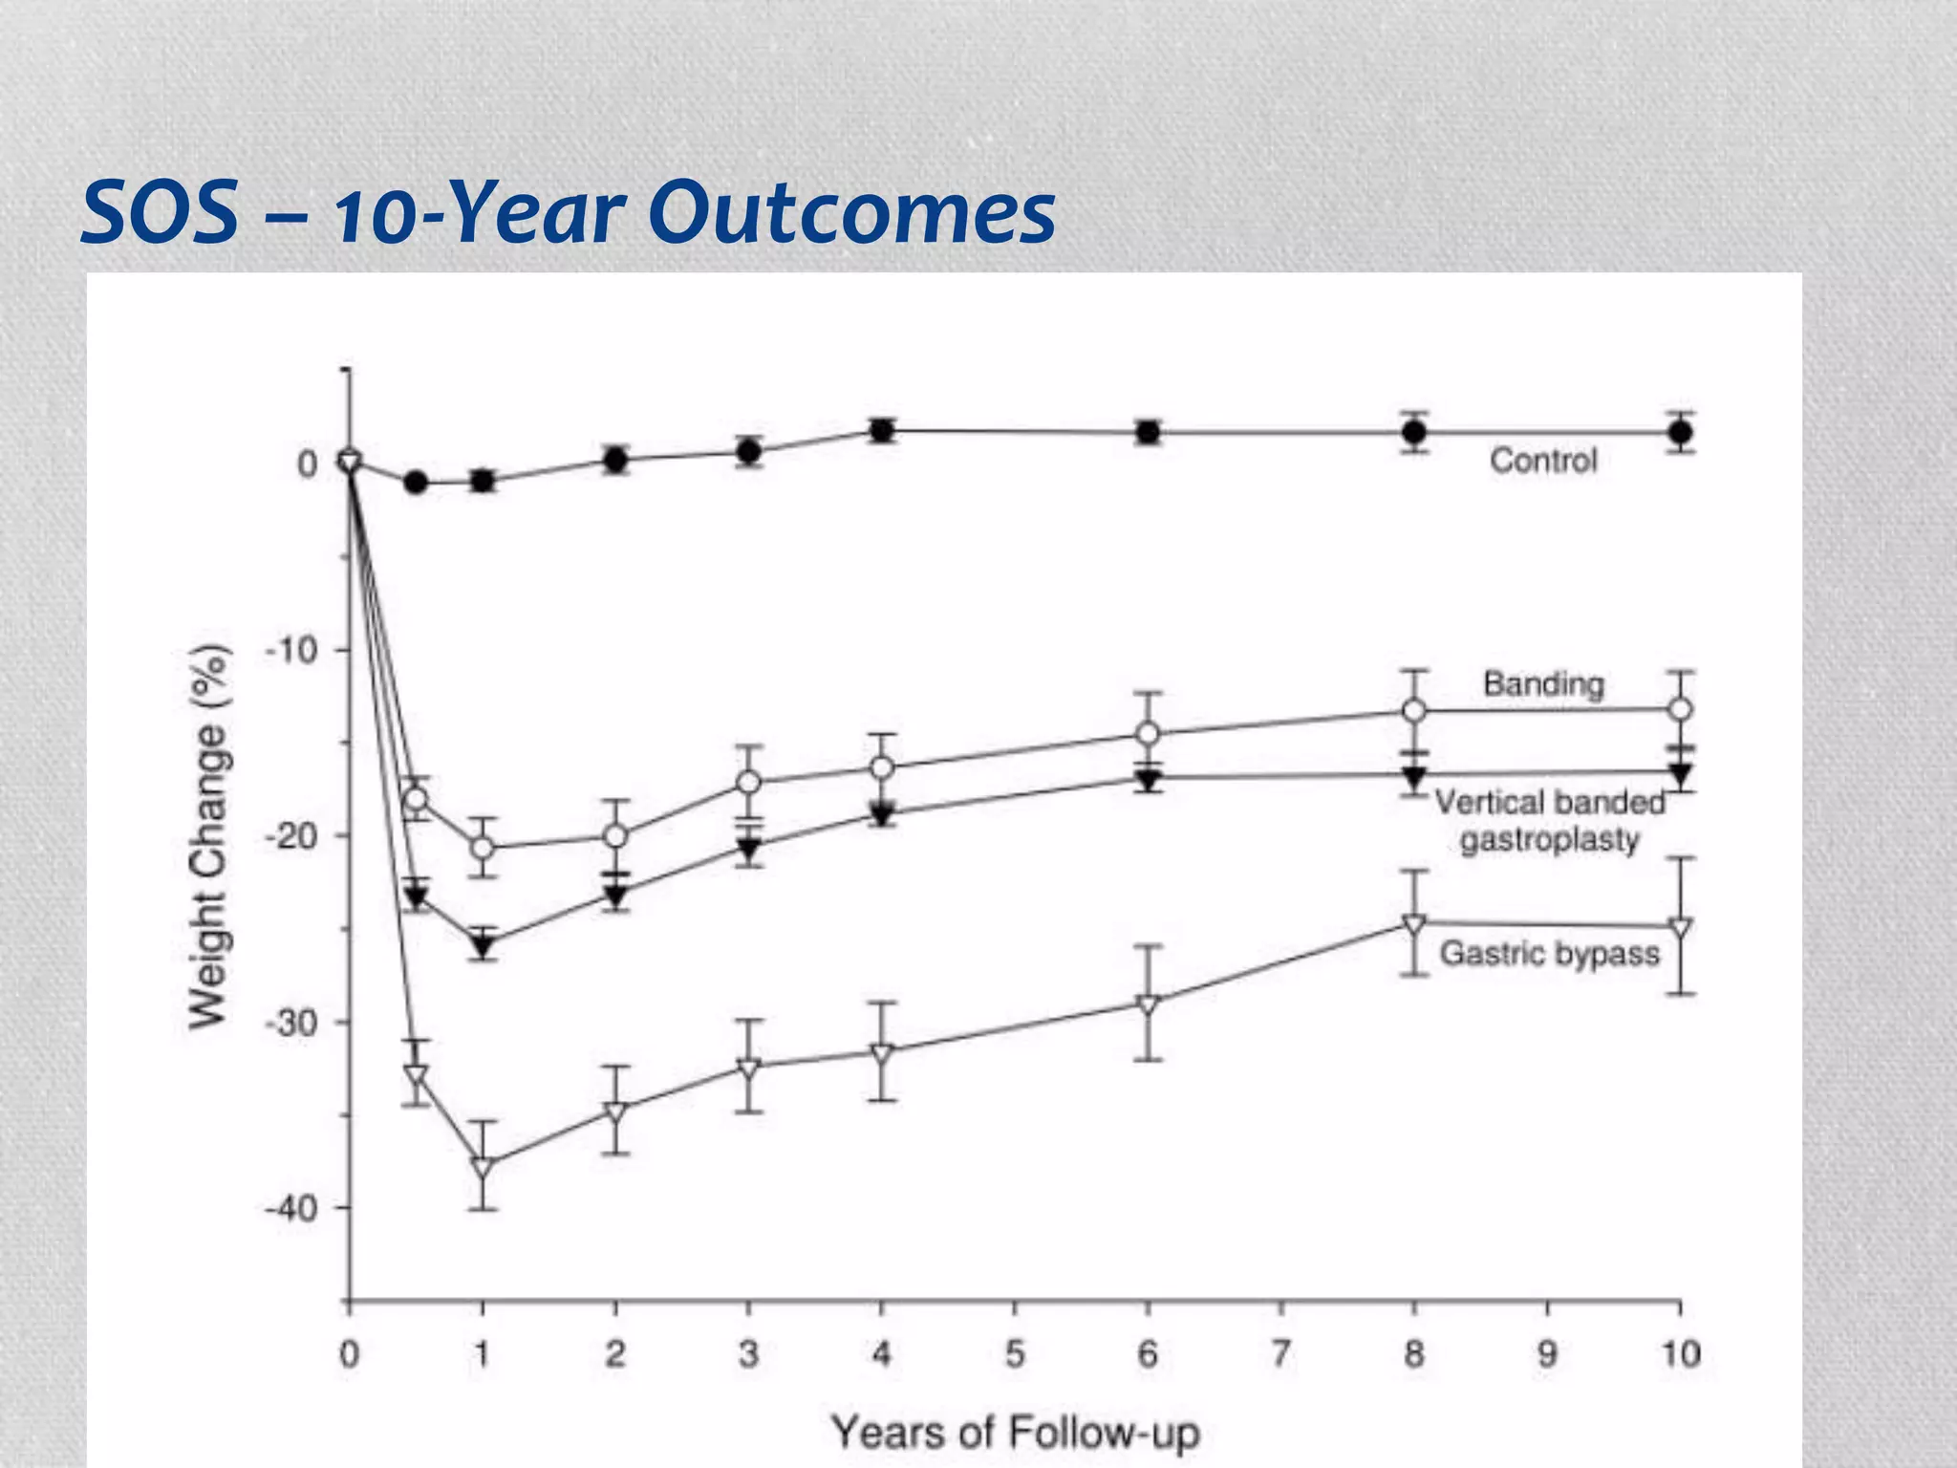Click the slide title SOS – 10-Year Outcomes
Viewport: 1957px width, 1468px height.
pos(568,212)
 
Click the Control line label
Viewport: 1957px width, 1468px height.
pos(1542,461)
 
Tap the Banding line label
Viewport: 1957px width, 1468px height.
pos(1542,684)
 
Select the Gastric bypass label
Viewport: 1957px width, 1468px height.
pos(1549,953)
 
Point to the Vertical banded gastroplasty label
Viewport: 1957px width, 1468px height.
pos(1549,821)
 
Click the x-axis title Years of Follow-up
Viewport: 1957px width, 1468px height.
pos(1015,1433)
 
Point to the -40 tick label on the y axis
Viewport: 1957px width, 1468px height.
pos(290,1209)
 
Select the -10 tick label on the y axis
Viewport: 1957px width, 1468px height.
pos(290,651)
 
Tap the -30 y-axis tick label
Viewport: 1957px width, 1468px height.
pos(290,1024)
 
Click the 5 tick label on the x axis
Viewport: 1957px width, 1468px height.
pos(1015,1354)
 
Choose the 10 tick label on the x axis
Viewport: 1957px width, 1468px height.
pos(1680,1354)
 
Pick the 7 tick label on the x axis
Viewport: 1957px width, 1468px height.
pos(1280,1354)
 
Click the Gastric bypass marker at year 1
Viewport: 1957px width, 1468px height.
pos(483,1167)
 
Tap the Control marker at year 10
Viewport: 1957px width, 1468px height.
pos(1680,432)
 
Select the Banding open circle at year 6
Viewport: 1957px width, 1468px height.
pos(1148,734)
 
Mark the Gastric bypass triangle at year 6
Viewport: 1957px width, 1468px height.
pos(1148,1004)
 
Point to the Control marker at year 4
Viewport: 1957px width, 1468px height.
pos(882,430)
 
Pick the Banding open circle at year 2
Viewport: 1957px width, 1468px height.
pos(615,836)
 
